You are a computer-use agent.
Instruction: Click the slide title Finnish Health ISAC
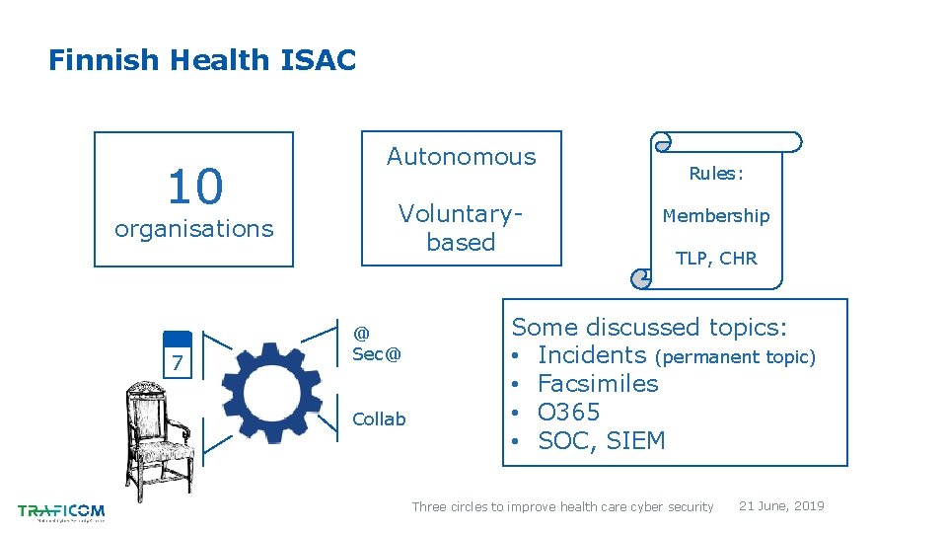[x=202, y=61]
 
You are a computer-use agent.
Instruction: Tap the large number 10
[x=195, y=185]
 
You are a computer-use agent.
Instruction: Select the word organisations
[x=194, y=229]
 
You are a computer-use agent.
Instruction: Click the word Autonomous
[x=461, y=156]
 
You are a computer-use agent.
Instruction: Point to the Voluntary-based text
[x=461, y=228]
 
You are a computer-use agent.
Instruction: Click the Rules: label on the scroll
[x=716, y=174]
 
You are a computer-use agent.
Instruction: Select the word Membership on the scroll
[x=716, y=215]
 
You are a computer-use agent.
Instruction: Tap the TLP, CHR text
[x=716, y=259]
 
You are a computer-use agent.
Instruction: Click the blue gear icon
[x=272, y=391]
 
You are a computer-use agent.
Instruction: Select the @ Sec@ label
[x=377, y=344]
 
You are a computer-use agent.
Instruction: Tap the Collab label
[x=379, y=419]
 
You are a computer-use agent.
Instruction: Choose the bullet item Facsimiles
[x=598, y=383]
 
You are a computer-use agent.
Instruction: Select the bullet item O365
[x=568, y=412]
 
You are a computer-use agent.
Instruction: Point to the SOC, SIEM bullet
[x=602, y=440]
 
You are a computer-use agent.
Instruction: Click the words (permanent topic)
[x=735, y=357]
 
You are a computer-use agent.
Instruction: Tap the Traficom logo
[x=61, y=511]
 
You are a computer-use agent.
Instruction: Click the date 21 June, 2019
[x=781, y=506]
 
